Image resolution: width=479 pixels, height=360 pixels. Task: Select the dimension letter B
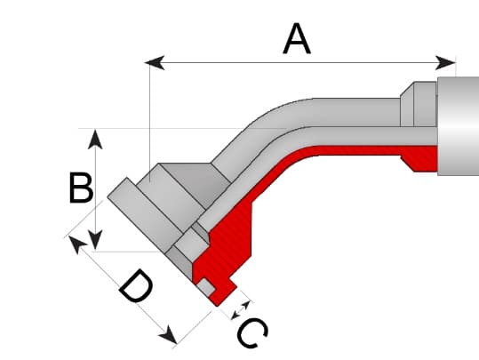tap(81, 188)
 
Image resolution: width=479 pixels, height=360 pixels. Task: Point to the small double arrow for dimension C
tap(238, 310)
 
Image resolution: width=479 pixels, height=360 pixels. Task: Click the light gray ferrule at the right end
tap(458, 129)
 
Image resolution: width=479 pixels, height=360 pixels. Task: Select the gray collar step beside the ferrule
tap(419, 103)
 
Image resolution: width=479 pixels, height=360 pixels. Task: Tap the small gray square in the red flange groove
tap(207, 288)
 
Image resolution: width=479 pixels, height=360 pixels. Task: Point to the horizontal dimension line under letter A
tap(355, 62)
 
